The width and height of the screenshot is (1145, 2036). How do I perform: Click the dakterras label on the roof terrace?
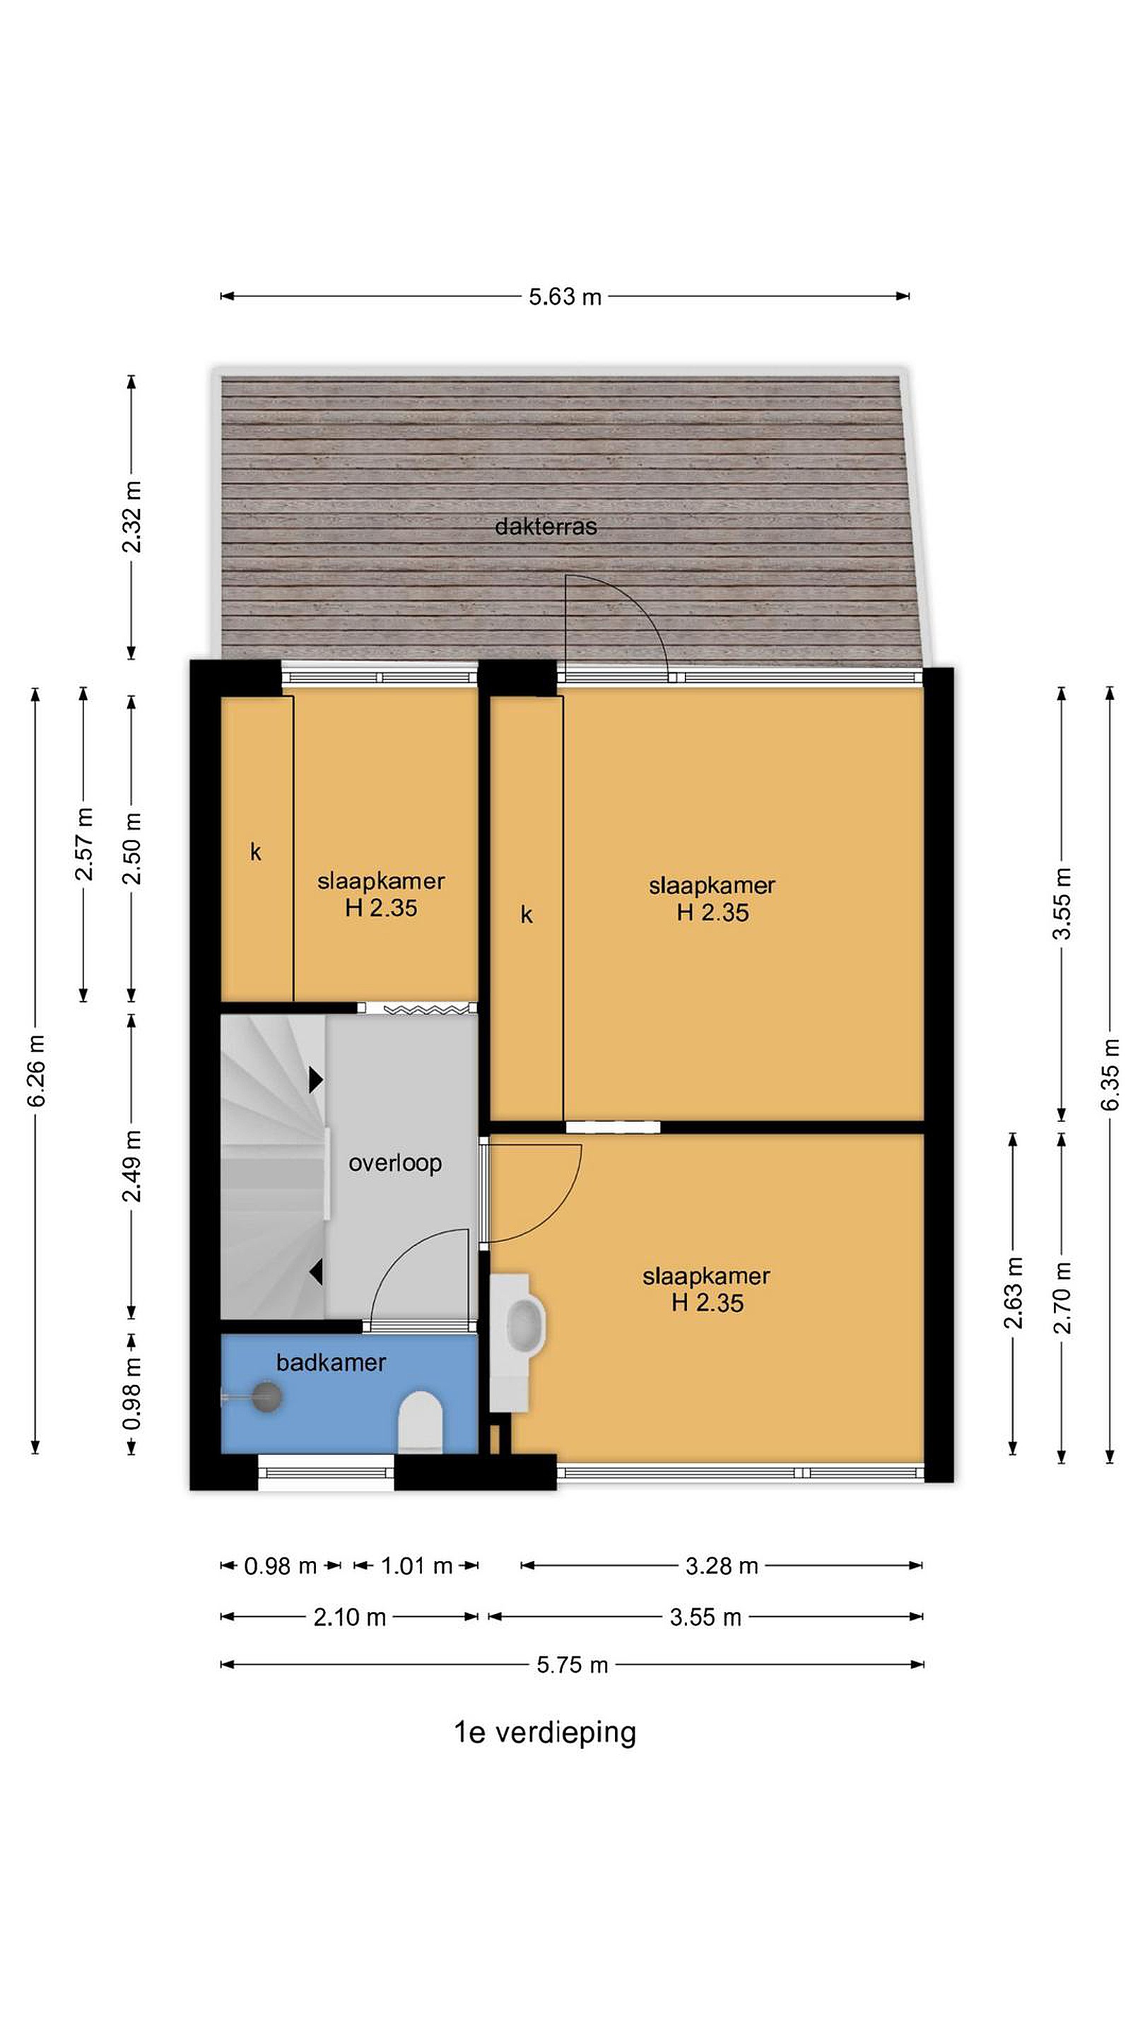[545, 527]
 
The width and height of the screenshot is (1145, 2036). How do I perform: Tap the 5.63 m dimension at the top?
[565, 297]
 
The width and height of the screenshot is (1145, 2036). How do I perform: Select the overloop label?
[395, 1164]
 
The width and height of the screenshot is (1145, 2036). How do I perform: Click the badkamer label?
[331, 1362]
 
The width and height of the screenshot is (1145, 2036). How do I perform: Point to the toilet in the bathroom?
[420, 1422]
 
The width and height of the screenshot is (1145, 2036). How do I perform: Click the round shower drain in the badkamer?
[267, 1397]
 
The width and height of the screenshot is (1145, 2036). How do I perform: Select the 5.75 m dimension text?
[572, 1665]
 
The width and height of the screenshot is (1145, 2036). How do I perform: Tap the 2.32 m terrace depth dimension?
[132, 516]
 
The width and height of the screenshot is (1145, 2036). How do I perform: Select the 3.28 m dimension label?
[722, 1566]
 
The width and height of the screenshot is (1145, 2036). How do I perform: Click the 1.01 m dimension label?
[416, 1566]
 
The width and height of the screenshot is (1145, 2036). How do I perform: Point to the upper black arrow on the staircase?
[316, 1079]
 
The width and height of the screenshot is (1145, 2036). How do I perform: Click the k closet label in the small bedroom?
[255, 851]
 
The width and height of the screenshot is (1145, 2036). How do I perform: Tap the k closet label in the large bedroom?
[527, 915]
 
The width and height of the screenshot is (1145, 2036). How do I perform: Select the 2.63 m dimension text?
[1013, 1292]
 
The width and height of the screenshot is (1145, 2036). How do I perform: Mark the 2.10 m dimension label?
[349, 1617]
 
